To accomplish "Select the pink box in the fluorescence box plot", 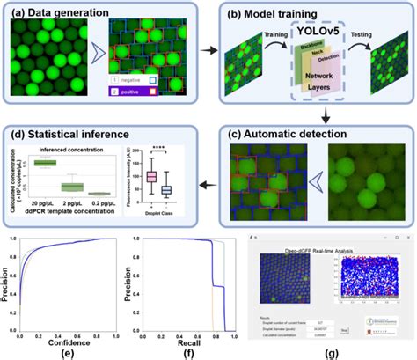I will click(152, 177).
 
